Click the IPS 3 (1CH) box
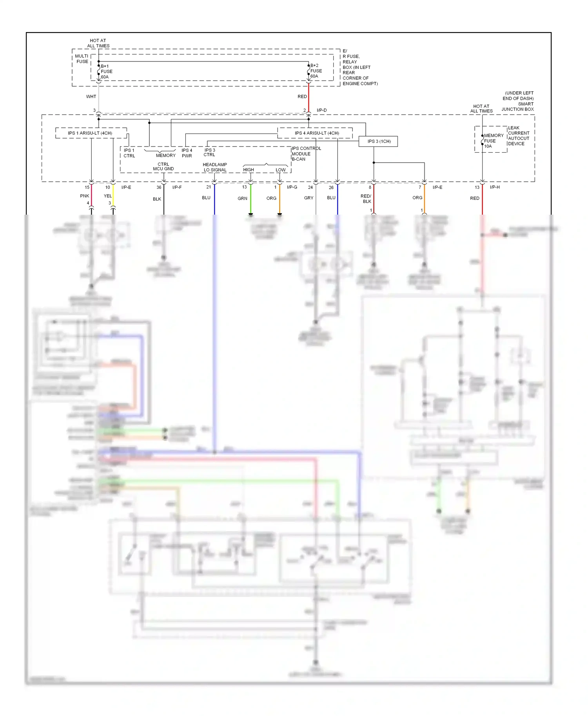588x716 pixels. [x=378, y=141]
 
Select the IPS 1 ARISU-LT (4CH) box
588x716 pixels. [x=91, y=133]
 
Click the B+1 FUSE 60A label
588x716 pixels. [x=106, y=72]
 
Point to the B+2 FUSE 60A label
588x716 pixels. [x=316, y=71]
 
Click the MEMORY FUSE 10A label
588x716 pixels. [x=493, y=141]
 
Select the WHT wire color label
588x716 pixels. [x=91, y=97]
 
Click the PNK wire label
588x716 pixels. [x=85, y=196]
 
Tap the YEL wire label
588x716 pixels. [x=108, y=196]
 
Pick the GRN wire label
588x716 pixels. [x=242, y=199]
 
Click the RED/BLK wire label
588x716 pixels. [x=366, y=199]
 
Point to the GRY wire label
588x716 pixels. [x=309, y=198]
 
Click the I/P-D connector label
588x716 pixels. [x=321, y=110]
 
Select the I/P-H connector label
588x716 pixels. [x=495, y=187]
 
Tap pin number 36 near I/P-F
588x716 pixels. [x=159, y=187]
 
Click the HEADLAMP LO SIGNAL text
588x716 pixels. [x=215, y=167]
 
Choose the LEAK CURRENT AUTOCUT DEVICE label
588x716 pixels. [x=518, y=136]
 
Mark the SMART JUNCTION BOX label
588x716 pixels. [x=518, y=107]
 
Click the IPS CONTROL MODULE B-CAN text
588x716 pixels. [x=306, y=154]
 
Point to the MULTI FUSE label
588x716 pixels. [x=82, y=59]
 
